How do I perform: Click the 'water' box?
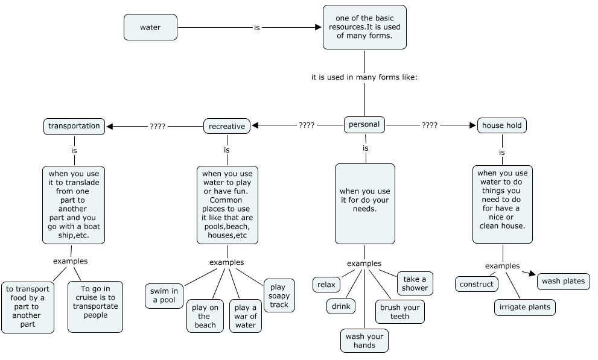pyautogui.click(x=150, y=27)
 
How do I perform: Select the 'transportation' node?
pyautogui.click(x=74, y=126)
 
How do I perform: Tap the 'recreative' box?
pyautogui.click(x=227, y=126)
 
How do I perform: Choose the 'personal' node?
pyautogui.click(x=364, y=125)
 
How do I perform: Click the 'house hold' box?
pyautogui.click(x=502, y=125)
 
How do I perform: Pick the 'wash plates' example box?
pyautogui.click(x=563, y=281)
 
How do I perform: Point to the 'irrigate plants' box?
pyautogui.click(x=525, y=307)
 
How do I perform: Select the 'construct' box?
pyautogui.click(x=476, y=284)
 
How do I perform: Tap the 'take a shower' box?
pyautogui.click(x=415, y=283)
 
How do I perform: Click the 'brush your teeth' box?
pyautogui.click(x=399, y=312)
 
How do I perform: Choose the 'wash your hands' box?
pyautogui.click(x=364, y=341)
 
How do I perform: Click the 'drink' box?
pyautogui.click(x=341, y=306)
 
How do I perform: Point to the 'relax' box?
pyautogui.click(x=326, y=285)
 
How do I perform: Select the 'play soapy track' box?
pyautogui.click(x=279, y=295)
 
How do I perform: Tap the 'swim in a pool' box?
pyautogui.click(x=164, y=295)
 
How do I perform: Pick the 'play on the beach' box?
pyautogui.click(x=205, y=316)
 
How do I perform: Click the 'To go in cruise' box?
pyautogui.click(x=95, y=307)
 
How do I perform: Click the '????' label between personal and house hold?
pyautogui.click(x=430, y=125)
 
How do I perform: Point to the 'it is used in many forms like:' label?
pyautogui.click(x=364, y=77)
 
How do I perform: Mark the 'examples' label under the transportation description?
pyautogui.click(x=70, y=261)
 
